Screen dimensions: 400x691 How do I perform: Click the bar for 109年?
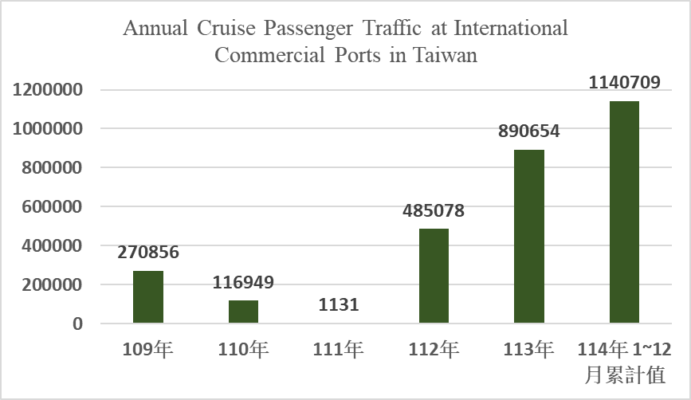tap(148, 297)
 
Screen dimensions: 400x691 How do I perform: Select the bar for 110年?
tap(243, 312)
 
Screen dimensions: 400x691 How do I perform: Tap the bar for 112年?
tap(434, 276)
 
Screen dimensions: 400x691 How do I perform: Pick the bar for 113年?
tap(528, 237)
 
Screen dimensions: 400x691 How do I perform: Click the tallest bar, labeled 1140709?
tap(624, 212)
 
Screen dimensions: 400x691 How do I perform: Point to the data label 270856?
tap(148, 253)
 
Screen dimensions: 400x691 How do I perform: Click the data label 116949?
tap(243, 282)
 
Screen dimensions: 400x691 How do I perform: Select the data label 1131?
tap(339, 304)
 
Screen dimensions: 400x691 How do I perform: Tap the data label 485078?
tap(434, 211)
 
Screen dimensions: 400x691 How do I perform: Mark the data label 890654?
tap(528, 131)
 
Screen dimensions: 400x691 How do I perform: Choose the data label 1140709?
tap(624, 83)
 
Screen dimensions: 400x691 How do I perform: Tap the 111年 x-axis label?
tap(339, 349)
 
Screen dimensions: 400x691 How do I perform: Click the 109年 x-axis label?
tap(148, 349)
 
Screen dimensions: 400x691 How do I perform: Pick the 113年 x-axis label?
tap(528, 349)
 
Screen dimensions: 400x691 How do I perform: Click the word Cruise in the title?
tap(222, 29)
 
